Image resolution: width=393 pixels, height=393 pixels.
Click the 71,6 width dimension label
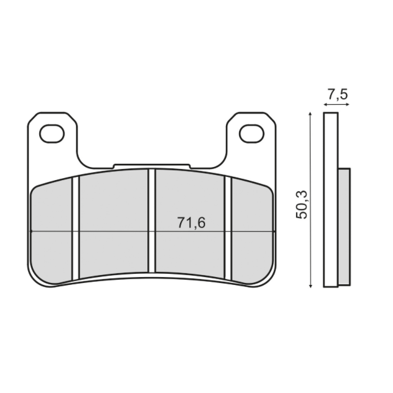pos(191,223)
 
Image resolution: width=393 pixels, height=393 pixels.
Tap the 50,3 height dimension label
pos(301,205)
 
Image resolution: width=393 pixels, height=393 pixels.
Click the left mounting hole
pos(52,133)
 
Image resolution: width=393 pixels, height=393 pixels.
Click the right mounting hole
pos(252,133)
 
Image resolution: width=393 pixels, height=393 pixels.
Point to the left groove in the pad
pos(76,228)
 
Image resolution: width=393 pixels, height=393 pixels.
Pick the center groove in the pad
pos(151,221)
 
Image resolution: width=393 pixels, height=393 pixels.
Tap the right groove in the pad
pos(228,228)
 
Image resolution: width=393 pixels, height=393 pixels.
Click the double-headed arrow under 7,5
pos(337,104)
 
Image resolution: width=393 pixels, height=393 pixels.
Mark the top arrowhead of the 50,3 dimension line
pos(311,114)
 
